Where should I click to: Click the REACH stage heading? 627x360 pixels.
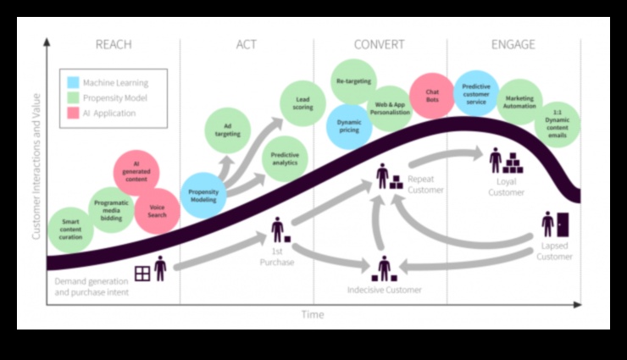[113, 45]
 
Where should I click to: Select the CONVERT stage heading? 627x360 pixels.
[379, 45]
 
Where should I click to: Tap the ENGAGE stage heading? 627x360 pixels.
[513, 45]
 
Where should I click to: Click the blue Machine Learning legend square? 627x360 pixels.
[73, 83]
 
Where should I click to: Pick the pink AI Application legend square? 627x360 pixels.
[73, 113]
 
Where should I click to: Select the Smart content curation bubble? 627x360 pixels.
[70, 228]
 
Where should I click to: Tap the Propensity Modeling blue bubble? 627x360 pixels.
[203, 196]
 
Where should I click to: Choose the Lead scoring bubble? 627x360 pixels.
[302, 102]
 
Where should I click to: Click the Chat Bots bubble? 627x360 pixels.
[431, 95]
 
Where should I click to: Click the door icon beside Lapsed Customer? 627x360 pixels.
[562, 225]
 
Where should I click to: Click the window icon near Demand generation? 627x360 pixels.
[141, 273]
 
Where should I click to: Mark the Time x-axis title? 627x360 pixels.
[313, 315]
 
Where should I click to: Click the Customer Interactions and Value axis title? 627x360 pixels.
[37, 170]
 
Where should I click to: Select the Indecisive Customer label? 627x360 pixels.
[384, 290]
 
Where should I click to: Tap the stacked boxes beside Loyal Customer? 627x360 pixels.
[513, 163]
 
